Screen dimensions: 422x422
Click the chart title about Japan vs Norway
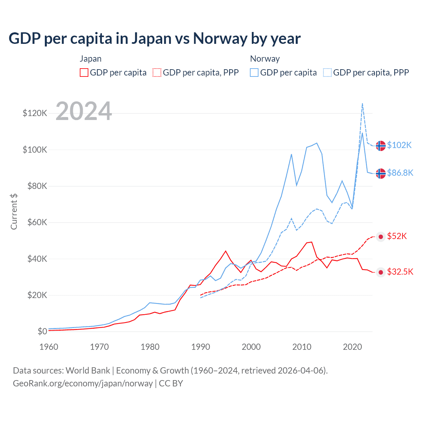click(154, 39)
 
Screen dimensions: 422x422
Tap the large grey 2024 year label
click(84, 111)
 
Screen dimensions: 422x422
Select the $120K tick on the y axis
click(35, 113)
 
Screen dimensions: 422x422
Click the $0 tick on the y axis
click(42, 331)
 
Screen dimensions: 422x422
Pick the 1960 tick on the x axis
click(49, 347)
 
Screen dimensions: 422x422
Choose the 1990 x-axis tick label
click(200, 347)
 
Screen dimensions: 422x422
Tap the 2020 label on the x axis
click(352, 347)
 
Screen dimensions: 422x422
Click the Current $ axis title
click(14, 211)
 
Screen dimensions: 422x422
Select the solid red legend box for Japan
click(84, 73)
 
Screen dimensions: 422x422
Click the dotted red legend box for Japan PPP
click(157, 73)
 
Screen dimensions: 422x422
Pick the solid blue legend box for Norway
click(254, 73)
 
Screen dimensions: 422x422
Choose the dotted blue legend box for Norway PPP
click(327, 73)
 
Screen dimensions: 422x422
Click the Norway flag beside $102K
click(381, 145)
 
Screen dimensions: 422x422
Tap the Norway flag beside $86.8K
click(381, 173)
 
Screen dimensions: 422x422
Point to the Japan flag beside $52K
click(381, 237)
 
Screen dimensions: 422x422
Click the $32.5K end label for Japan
click(400, 272)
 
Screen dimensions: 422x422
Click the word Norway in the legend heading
click(265, 59)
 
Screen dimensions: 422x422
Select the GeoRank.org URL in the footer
click(83, 383)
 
